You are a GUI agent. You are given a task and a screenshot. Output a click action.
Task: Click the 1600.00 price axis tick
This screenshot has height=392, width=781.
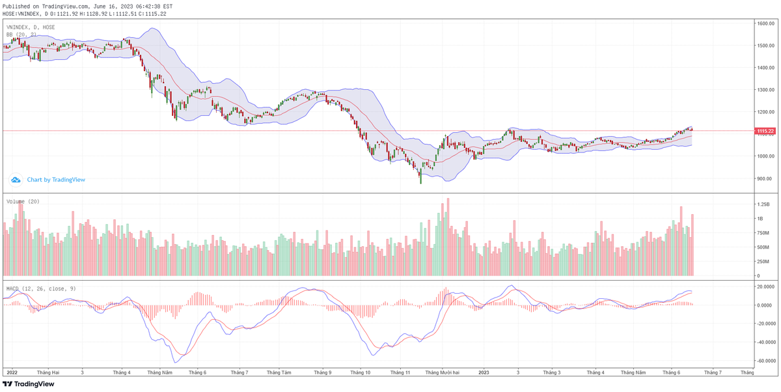pyautogui.click(x=765, y=23)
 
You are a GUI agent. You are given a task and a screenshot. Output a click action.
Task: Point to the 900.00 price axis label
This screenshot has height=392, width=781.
pyautogui.click(x=765, y=178)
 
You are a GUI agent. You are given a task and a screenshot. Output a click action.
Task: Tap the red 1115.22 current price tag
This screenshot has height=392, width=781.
pyautogui.click(x=765, y=131)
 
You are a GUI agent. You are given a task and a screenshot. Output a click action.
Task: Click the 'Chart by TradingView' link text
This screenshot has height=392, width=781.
pyautogui.click(x=56, y=180)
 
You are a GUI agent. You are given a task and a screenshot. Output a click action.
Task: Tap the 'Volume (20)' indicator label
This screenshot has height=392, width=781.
pyautogui.click(x=23, y=202)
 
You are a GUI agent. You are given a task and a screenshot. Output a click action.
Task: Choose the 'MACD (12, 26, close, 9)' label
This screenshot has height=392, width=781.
pyautogui.click(x=40, y=288)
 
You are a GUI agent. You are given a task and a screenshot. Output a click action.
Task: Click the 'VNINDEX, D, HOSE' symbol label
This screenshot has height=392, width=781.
pyautogui.click(x=31, y=27)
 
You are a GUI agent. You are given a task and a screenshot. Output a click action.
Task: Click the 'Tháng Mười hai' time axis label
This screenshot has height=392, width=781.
pyautogui.click(x=442, y=372)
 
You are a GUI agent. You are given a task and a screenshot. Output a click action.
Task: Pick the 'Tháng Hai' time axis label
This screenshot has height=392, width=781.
pyautogui.click(x=48, y=372)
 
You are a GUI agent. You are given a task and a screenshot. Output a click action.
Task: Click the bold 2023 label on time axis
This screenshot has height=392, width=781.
pyautogui.click(x=484, y=372)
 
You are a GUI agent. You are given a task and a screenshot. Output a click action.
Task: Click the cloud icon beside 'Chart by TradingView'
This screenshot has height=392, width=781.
pyautogui.click(x=16, y=180)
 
